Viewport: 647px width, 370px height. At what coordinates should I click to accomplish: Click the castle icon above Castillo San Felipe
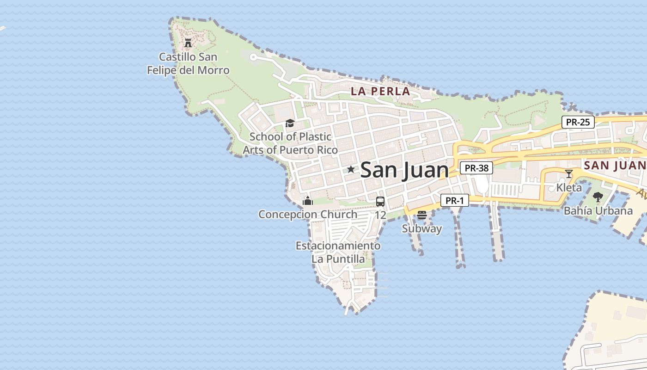[x=188, y=43]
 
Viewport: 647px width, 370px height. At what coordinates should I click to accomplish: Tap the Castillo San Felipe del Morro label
[x=188, y=64]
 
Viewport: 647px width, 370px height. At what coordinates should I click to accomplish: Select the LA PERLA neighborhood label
[x=380, y=91]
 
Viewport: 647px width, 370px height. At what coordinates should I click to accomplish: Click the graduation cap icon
[x=290, y=123]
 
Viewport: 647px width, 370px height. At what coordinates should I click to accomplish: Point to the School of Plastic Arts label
[x=290, y=143]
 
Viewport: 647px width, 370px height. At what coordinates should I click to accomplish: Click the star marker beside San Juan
[x=351, y=169]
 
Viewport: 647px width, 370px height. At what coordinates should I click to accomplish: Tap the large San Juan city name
[x=404, y=170]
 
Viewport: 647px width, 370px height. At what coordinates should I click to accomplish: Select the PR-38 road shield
[x=476, y=168]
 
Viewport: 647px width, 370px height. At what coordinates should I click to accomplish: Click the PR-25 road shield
[x=578, y=123]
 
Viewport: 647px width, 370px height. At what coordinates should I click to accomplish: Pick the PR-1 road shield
[x=455, y=200]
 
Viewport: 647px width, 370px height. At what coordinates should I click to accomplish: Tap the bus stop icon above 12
[x=380, y=202]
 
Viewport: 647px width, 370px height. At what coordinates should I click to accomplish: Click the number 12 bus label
[x=380, y=215]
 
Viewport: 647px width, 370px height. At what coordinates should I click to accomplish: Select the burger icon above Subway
[x=421, y=215]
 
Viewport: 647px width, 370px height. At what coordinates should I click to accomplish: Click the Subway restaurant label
[x=421, y=228]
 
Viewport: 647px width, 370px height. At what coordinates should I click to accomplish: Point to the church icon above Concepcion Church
[x=308, y=201]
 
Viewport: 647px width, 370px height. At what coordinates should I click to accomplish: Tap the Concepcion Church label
[x=308, y=215]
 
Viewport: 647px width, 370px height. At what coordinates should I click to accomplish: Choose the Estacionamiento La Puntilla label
[x=338, y=252]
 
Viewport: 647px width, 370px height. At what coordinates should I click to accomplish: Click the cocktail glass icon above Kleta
[x=569, y=174]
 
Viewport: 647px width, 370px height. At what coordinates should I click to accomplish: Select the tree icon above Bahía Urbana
[x=598, y=197]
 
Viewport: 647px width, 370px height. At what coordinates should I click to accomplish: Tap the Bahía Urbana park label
[x=598, y=211]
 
